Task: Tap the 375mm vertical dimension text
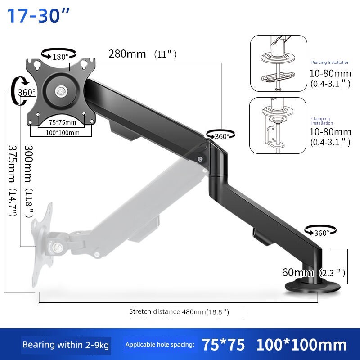(12, 180)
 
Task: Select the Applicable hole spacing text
(160, 345)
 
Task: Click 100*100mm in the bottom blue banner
(301, 345)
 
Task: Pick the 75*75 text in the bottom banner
(223, 345)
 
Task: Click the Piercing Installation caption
(330, 63)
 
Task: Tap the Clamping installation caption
(323, 121)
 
